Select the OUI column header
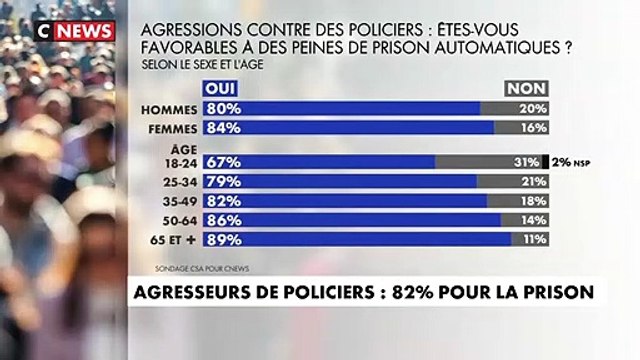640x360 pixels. (222, 89)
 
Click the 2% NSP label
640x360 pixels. (571, 162)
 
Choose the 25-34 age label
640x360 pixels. (180, 181)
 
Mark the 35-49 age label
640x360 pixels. (180, 200)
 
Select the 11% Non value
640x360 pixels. (531, 238)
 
